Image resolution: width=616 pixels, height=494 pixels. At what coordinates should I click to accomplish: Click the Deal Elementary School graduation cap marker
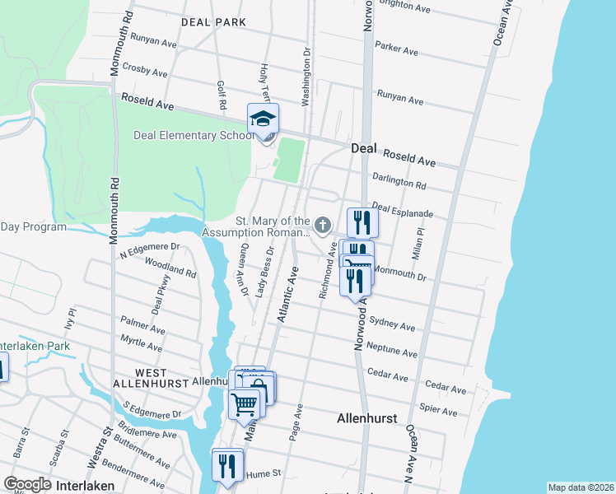point(264,120)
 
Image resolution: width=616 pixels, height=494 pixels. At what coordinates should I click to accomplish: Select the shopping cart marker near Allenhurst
point(244,404)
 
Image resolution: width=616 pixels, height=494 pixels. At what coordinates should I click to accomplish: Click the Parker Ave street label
point(397,49)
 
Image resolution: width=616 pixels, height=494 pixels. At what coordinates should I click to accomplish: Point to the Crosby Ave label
point(144,71)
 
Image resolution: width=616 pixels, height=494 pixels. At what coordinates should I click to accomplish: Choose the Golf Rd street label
point(221,96)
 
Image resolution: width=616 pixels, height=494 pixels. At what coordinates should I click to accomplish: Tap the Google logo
point(28,484)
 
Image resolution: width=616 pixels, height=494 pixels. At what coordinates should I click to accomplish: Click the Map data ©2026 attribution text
point(580,487)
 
